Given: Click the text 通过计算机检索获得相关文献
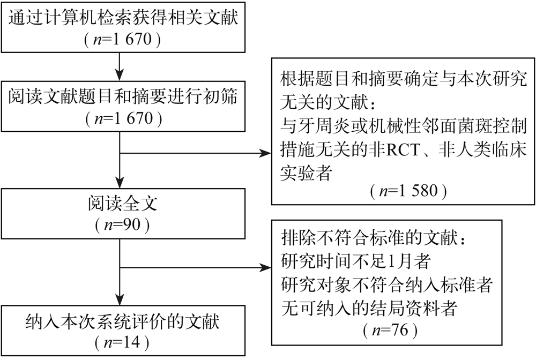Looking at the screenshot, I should [123, 19].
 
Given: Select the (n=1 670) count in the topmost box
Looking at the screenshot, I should [123, 39].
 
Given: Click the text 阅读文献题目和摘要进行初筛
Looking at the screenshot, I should [123, 96].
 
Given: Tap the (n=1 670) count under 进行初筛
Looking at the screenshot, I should [123, 118].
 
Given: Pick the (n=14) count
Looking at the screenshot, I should [121, 341].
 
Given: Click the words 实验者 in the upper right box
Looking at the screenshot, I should [305, 172].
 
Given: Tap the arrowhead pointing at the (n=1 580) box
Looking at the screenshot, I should [266, 153].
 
